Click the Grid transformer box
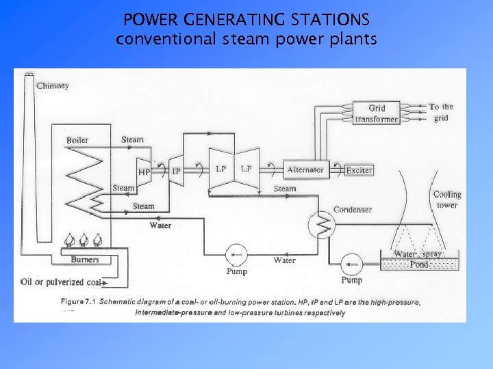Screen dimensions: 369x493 pos(376,113)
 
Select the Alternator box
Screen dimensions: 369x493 pos(305,169)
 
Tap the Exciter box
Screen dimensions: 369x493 pos(359,170)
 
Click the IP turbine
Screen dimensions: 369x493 pos(175,171)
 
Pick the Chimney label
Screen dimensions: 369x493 pos(52,86)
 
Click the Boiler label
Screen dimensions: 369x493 pos(77,140)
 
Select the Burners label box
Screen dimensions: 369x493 pos(85,260)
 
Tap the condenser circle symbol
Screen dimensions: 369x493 pos(320,223)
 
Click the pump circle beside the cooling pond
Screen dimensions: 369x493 pos(352,262)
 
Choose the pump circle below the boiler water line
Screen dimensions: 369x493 pos(237,255)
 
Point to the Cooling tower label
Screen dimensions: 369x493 pos(447,200)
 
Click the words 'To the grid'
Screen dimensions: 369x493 pos(441,111)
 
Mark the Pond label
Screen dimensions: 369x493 pos(419,264)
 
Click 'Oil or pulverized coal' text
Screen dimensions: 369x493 pos(61,282)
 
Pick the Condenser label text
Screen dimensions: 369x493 pos(353,209)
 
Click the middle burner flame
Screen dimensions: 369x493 pos(84,241)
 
